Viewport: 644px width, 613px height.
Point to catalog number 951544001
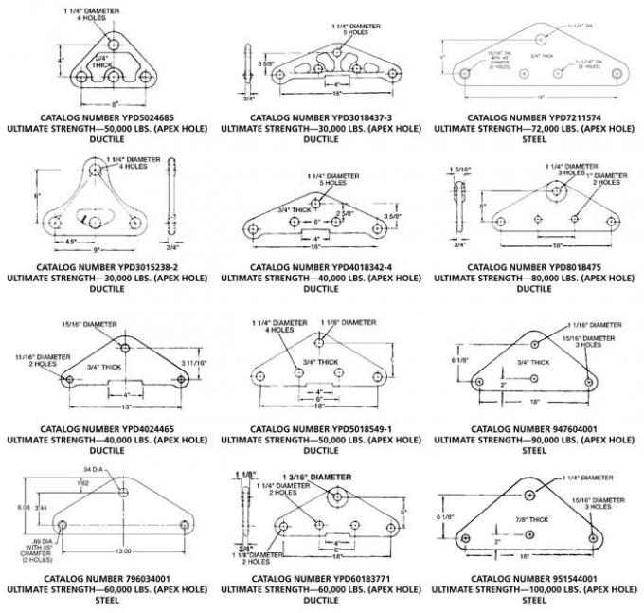(537, 577)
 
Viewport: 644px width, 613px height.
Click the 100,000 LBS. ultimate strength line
(537, 588)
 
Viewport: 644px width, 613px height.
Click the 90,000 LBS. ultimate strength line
(537, 440)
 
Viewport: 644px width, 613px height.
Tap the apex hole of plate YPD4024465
(126, 344)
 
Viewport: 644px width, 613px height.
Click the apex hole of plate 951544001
(528, 496)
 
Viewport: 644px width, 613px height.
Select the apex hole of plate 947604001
(536, 343)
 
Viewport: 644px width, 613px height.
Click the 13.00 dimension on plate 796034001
(124, 550)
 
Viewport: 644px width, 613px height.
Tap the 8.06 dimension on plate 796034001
(24, 508)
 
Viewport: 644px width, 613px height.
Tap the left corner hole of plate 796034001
(63, 524)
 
